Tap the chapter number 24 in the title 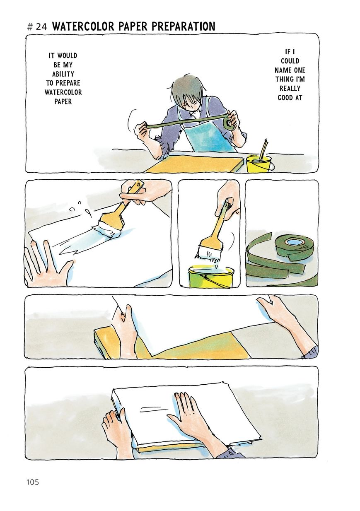click(41, 27)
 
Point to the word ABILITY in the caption click(63, 74)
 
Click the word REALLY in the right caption click(290, 88)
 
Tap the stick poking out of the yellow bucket click(263, 149)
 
